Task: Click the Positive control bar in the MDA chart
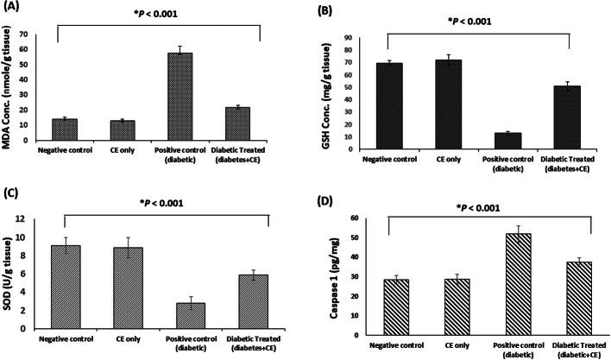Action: pos(179,96)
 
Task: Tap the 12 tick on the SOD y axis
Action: pos(34,219)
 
